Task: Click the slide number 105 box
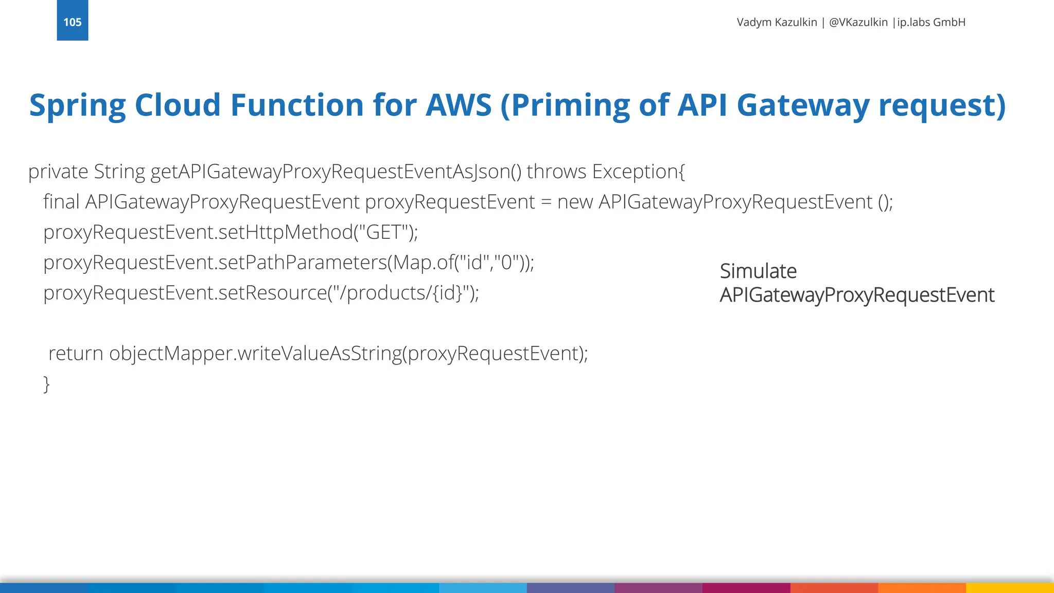coord(72,21)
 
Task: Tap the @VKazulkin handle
coord(858,22)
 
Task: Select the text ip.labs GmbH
coord(931,22)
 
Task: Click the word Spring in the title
coord(77,106)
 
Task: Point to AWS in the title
coord(459,105)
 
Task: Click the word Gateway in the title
coord(803,105)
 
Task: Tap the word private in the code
coord(58,172)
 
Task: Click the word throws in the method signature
coord(556,171)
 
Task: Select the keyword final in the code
coord(61,202)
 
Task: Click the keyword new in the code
coord(575,202)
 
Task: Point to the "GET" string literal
coord(383,232)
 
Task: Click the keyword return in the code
coord(76,354)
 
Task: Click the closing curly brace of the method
coord(46,384)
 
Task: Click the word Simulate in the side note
coord(758,271)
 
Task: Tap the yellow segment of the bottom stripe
coord(1010,588)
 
